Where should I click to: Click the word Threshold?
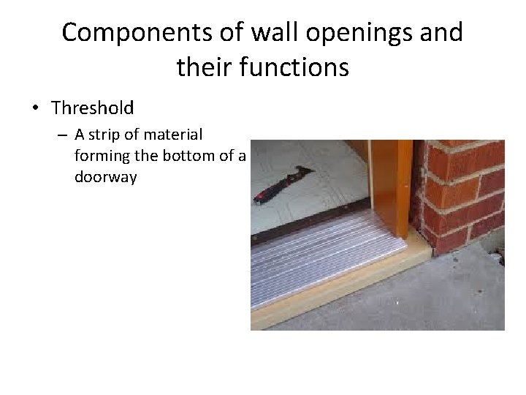pyautogui.click(x=93, y=108)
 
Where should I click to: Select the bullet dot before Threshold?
pyautogui.click(x=35, y=109)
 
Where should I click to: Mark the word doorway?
pyautogui.click(x=106, y=177)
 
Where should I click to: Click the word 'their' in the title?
pyautogui.click(x=202, y=68)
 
